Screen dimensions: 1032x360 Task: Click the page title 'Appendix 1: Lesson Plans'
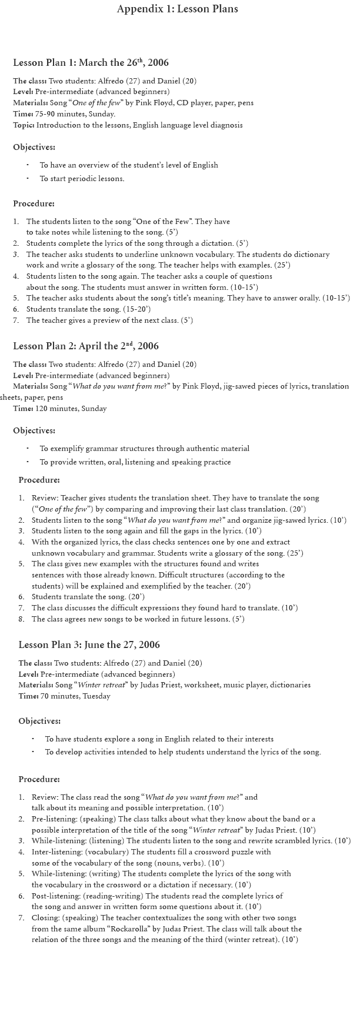[177, 9]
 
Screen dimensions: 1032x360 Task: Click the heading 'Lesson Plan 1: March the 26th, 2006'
[91, 62]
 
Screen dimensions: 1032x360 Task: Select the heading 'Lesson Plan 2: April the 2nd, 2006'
[86, 346]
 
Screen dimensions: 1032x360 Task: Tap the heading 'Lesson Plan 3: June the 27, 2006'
[89, 644]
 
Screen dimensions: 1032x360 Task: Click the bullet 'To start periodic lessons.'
[82, 178]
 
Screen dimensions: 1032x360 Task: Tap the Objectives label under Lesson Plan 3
[39, 721]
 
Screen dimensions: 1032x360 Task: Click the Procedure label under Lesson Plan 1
[34, 203]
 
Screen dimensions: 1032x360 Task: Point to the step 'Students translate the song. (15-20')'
[89, 309]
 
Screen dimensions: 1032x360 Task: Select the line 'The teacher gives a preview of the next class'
[109, 320]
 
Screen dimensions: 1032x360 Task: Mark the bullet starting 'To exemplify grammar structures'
[144, 448]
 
